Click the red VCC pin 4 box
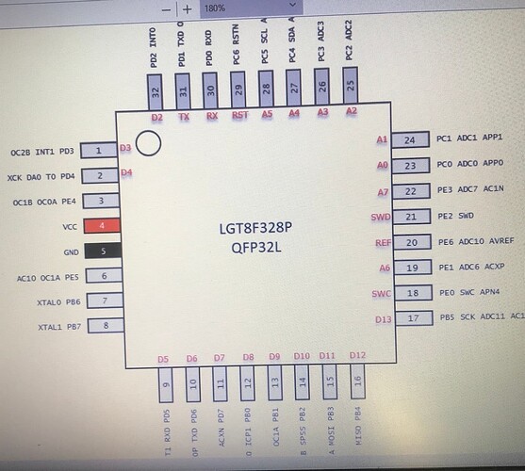pyautogui.click(x=99, y=226)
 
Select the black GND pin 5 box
pyautogui.click(x=99, y=252)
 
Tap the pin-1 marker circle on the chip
pyautogui.click(x=148, y=143)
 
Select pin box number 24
pyautogui.click(x=409, y=139)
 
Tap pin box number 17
pyautogui.click(x=409, y=318)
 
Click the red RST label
pyautogui.click(x=239, y=117)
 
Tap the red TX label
pyautogui.click(x=184, y=117)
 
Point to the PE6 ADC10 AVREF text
pyautogui.click(x=477, y=242)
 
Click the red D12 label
pyautogui.click(x=356, y=355)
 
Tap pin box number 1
pyautogui.click(x=99, y=151)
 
